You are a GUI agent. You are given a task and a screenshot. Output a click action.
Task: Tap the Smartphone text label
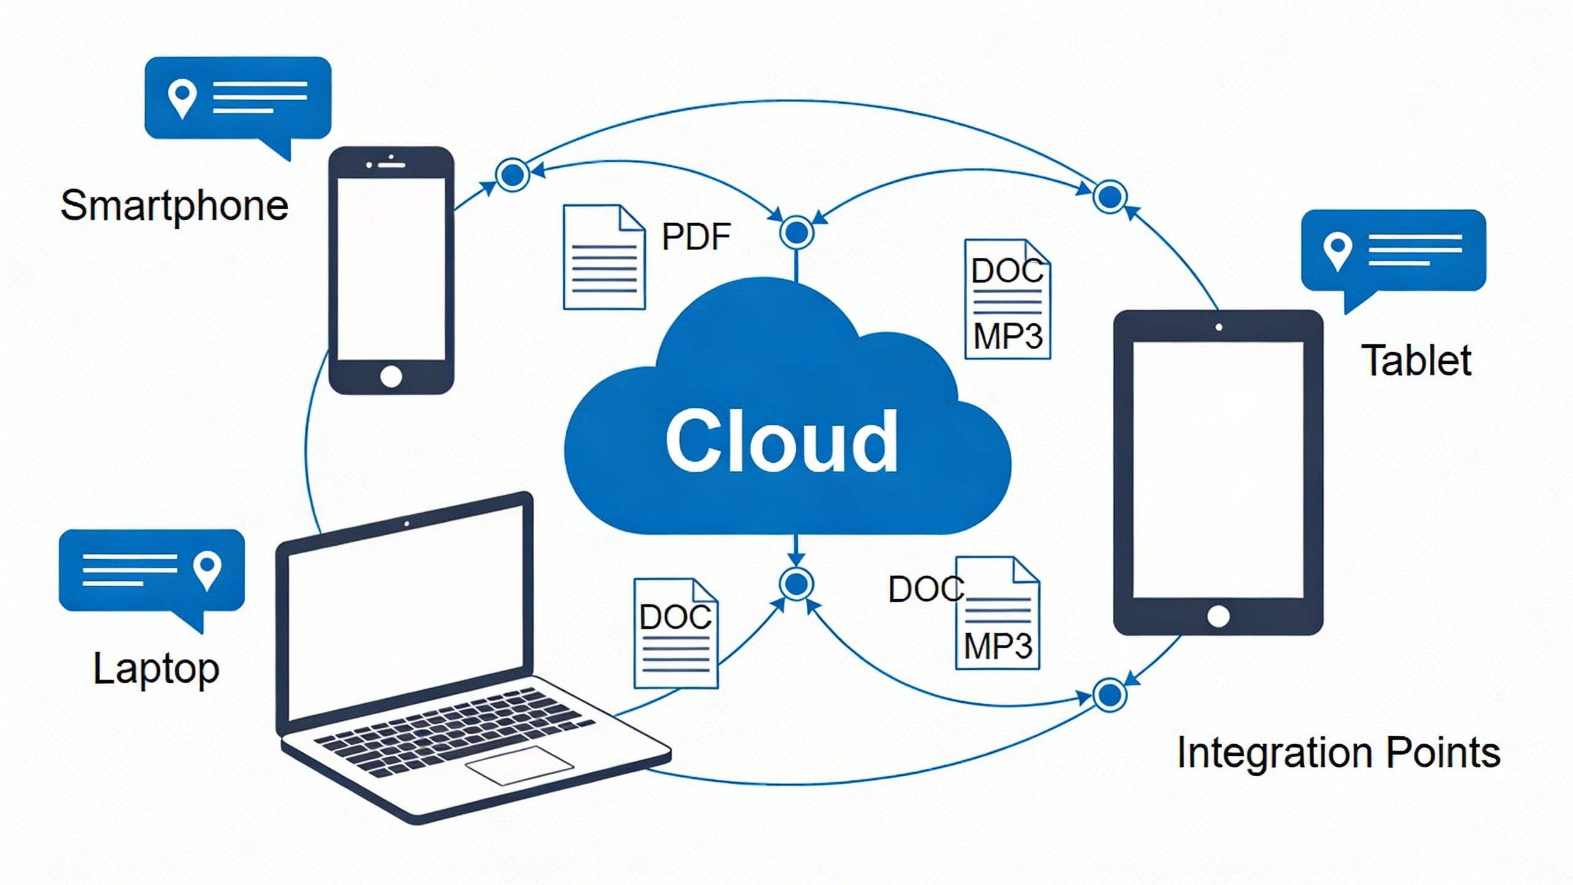[175, 205]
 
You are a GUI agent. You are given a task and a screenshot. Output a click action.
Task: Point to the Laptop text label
[156, 669]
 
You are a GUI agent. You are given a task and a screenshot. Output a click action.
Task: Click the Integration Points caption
[1338, 752]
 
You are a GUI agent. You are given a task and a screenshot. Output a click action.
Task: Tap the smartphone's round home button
[391, 376]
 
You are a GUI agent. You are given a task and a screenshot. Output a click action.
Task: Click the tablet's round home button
[1218, 616]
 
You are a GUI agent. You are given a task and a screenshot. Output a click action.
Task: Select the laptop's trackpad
[519, 765]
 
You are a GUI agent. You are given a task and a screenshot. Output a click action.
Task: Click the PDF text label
[696, 237]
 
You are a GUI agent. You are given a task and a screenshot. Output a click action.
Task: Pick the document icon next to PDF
[604, 258]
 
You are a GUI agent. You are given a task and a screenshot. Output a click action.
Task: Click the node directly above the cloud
[796, 232]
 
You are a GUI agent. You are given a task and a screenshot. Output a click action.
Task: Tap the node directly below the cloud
[796, 584]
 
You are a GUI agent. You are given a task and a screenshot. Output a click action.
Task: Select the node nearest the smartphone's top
[512, 175]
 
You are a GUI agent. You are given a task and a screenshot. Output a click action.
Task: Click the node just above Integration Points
[1110, 695]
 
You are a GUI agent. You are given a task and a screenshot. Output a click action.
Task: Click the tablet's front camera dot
[1219, 327]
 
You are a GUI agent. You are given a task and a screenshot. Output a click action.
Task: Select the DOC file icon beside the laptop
[676, 633]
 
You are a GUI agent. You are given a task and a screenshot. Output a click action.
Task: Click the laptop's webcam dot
[407, 524]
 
